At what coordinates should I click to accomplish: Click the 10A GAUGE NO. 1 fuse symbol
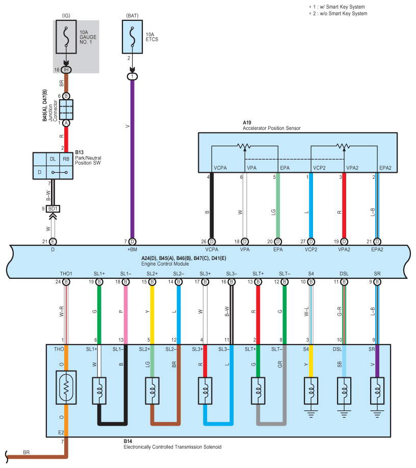click(66, 37)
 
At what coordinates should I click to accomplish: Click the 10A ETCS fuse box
click(132, 37)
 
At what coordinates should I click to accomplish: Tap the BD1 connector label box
click(53, 209)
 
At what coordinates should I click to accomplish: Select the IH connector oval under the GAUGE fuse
click(66, 70)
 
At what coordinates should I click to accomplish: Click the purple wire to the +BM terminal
click(132, 159)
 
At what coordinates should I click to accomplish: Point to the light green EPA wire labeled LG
click(278, 205)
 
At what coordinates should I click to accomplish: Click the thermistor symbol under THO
click(66, 387)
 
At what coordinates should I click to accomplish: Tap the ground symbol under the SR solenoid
click(377, 414)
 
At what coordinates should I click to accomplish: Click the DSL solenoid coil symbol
click(344, 391)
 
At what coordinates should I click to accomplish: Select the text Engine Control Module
click(165, 264)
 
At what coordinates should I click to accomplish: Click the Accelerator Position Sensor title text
click(272, 128)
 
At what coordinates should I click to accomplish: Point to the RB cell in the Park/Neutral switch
click(66, 159)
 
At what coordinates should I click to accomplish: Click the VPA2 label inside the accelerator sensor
click(352, 168)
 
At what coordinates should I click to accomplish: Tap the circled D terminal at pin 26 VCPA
click(212, 242)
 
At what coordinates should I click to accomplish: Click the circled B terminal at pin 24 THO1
click(66, 282)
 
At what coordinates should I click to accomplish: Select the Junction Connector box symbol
click(66, 110)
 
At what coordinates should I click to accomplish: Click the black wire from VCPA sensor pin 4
click(212, 205)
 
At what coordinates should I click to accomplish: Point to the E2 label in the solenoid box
click(61, 432)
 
